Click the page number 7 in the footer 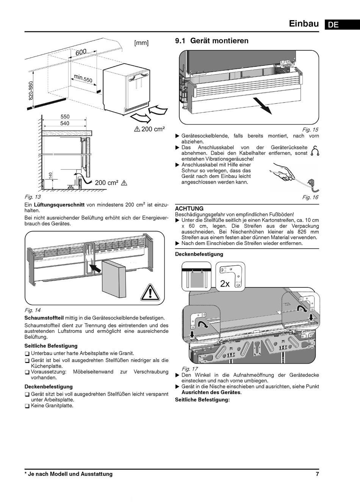point(317,474)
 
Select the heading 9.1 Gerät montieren point(211,41)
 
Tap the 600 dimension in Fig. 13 point(81,51)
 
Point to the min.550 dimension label point(83,78)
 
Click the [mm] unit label point(141,43)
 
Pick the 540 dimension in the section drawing point(64,123)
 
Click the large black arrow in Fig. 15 point(263,106)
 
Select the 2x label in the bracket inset point(225,284)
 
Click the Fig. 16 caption point(310,197)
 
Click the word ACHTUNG point(189,209)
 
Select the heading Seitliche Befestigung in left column point(51,346)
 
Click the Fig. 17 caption point(189,369)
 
